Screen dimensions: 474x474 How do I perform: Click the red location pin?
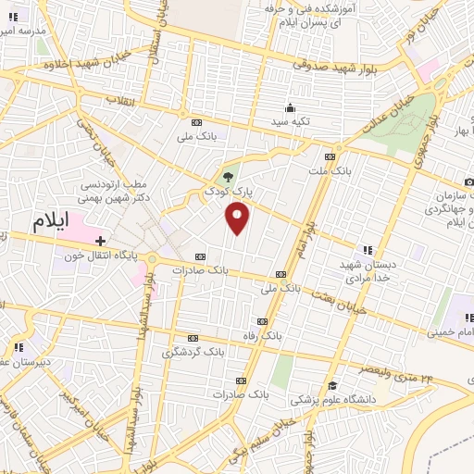coord(238,218)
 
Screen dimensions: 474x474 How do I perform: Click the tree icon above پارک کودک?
coord(229,176)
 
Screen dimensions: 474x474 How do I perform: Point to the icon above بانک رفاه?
coord(263,320)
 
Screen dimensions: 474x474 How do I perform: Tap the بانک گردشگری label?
coord(193,353)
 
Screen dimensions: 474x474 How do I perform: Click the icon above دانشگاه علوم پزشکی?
coord(331,385)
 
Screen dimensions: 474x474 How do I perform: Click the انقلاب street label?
coord(120,99)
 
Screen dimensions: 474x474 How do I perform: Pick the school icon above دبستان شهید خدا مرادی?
coord(368,249)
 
